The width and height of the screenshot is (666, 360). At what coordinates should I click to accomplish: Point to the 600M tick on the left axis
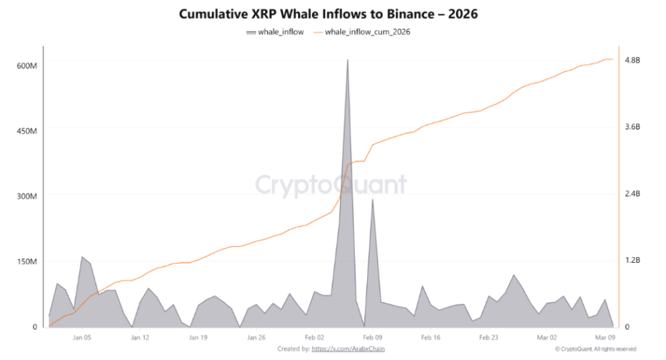pos(27,66)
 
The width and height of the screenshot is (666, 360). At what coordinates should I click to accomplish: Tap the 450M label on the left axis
pos(27,131)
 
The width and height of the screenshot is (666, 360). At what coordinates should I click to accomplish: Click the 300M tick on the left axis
pos(27,196)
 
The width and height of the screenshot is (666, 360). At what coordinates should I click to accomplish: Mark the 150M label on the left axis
pos(27,261)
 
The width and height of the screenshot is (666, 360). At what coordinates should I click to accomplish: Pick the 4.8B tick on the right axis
pos(632,60)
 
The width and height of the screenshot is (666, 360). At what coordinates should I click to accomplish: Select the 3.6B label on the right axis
pos(632,127)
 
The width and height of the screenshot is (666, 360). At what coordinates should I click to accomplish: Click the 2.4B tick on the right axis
pos(632,194)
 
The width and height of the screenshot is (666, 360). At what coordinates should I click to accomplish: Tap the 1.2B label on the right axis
pos(632,261)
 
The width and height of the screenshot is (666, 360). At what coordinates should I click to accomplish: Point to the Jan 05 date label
pos(82,338)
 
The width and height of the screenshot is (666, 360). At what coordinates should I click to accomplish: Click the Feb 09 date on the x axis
pos(372,338)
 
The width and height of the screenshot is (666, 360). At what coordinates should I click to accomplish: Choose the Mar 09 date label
pos(605,338)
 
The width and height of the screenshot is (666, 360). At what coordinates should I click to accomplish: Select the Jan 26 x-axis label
pos(256,338)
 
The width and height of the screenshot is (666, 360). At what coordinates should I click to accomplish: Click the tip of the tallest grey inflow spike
pos(347,60)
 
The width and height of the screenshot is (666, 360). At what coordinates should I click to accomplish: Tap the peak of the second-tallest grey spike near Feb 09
pos(372,199)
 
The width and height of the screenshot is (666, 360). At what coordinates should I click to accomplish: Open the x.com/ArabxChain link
pos(347,349)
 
